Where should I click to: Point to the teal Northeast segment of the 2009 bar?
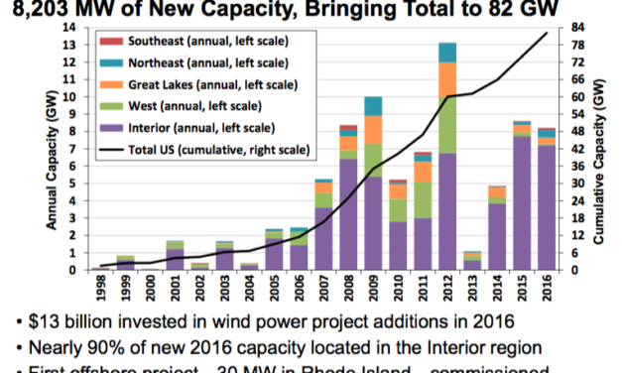click(x=373, y=106)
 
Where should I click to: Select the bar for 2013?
click(x=472, y=260)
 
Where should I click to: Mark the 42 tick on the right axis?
click(x=574, y=149)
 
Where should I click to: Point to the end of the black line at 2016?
click(x=547, y=34)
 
